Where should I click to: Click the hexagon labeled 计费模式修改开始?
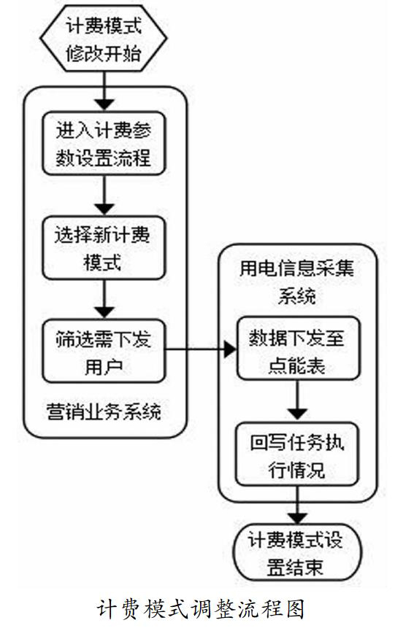pyautogui.click(x=103, y=38)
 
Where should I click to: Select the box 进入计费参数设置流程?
pyautogui.click(x=104, y=144)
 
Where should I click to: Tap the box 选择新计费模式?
pyautogui.click(x=104, y=248)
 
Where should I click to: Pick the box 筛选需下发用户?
pyautogui.click(x=104, y=351)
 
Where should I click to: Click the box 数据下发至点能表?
pyautogui.click(x=298, y=349)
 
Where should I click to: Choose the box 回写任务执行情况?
pyautogui.click(x=297, y=454)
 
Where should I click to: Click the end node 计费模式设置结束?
pyautogui.click(x=298, y=552)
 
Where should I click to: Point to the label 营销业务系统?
pyautogui.click(x=104, y=411)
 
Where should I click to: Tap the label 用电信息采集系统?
pyautogui.click(x=297, y=282)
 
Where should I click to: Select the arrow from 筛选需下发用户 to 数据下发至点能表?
pyautogui.click(x=201, y=349)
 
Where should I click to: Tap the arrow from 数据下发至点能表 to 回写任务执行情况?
pyautogui.click(x=298, y=400)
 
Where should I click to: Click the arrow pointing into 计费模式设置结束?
pyautogui.click(x=298, y=505)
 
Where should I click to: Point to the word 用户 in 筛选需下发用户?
pyautogui.click(x=104, y=366)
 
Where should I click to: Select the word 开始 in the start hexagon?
pyautogui.click(x=122, y=53)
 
